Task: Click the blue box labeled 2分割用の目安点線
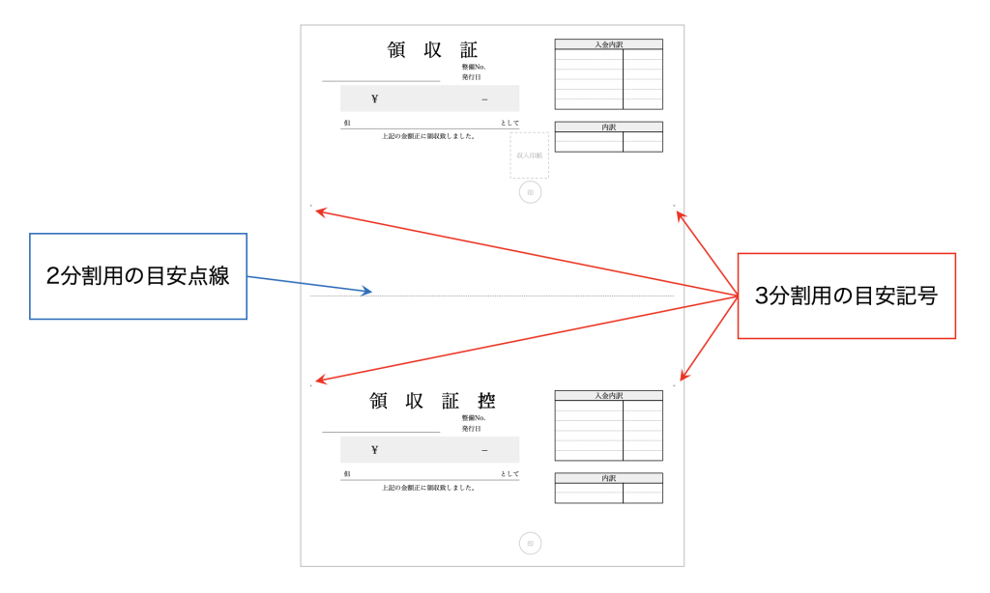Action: pos(137,276)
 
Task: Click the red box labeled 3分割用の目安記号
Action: pos(846,296)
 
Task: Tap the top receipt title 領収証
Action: pos(432,50)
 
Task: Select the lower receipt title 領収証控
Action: pos(432,401)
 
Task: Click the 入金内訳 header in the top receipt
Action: pos(608,43)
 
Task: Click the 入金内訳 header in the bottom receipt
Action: pos(608,395)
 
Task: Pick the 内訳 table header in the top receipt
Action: pos(608,127)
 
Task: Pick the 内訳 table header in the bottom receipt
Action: pos(608,478)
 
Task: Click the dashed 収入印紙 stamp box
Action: pos(529,155)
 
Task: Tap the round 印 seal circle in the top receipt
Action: pos(530,192)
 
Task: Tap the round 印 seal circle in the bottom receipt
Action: pos(530,544)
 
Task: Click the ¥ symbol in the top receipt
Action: pos(374,99)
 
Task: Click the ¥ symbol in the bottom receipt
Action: pos(374,450)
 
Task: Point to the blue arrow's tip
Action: pos(369,292)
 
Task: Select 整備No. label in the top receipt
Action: pos(473,67)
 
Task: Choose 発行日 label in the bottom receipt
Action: pos(471,428)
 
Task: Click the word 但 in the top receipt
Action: pos(346,123)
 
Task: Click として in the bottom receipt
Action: pos(510,474)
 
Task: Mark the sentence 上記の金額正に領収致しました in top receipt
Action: pos(428,136)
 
